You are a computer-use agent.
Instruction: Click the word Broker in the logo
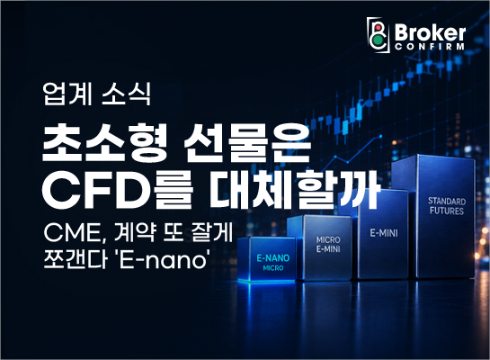point(430,32)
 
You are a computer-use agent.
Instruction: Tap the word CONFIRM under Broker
point(430,47)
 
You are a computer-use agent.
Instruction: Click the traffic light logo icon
point(379,35)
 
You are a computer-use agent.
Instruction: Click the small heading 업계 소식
point(97,94)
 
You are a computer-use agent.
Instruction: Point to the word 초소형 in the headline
point(102,142)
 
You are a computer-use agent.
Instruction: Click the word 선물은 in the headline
point(247,142)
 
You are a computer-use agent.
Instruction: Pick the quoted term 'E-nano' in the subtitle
point(163,259)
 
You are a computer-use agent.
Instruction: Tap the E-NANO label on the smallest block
point(273,258)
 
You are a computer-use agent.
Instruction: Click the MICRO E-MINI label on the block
point(328,244)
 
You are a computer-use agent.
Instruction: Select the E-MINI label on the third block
point(384,233)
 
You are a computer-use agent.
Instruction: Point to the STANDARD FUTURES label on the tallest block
point(447,206)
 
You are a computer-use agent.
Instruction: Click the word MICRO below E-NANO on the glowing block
point(273,268)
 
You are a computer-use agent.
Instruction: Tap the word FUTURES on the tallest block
point(447,211)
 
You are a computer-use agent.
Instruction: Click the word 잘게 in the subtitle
point(213,232)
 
